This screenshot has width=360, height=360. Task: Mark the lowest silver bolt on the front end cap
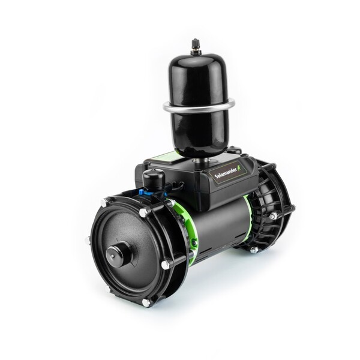click(x=146, y=302)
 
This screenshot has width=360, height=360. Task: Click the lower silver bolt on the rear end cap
click(x=254, y=250)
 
